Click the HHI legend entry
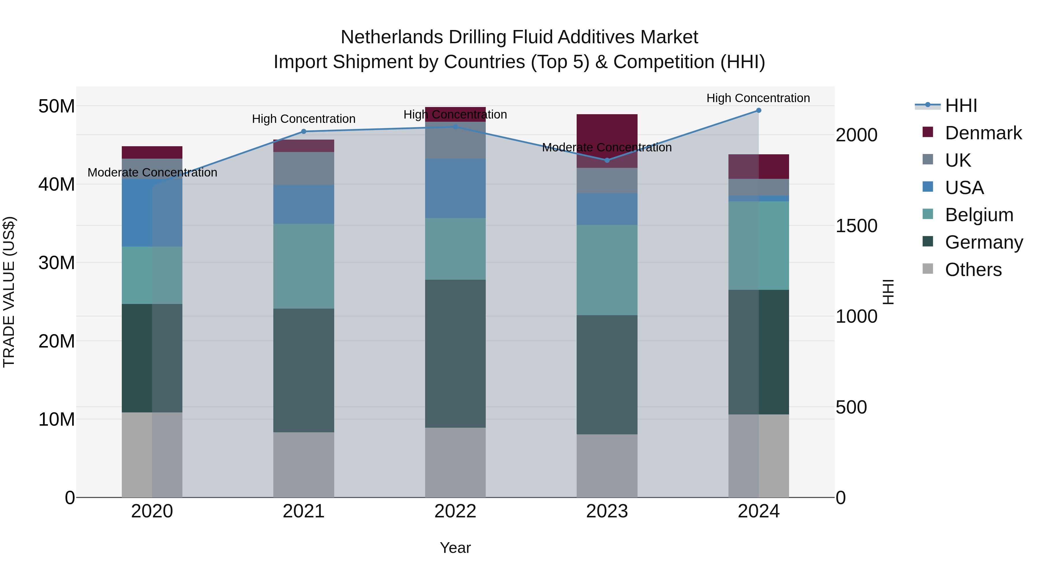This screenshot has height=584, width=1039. point(961,106)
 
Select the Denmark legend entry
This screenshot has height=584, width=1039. point(983,133)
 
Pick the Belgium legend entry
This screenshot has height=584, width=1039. point(979,215)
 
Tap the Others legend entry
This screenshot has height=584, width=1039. point(973,270)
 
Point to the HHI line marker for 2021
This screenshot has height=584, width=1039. point(304,132)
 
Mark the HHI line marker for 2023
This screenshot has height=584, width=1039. point(607,160)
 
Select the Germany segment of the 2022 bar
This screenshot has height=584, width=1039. point(455,354)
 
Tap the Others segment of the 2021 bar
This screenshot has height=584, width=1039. point(304,465)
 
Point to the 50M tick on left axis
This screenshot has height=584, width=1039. point(57,106)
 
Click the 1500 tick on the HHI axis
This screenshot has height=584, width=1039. point(856,226)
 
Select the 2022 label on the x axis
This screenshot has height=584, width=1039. point(455,511)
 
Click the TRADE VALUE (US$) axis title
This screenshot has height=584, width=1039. point(9,292)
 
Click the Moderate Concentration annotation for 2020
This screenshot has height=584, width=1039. point(152,172)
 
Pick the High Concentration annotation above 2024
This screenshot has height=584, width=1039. point(758,98)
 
